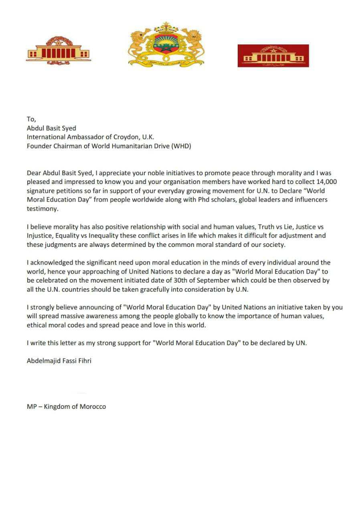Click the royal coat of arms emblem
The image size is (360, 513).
(166, 44)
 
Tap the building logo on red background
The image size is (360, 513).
(273, 56)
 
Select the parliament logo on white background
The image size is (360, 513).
(58, 51)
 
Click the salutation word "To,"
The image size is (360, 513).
(31, 119)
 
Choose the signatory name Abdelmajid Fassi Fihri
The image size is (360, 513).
(59, 361)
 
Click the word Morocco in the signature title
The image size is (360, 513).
(93, 406)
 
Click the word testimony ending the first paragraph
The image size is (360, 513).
(42, 208)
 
